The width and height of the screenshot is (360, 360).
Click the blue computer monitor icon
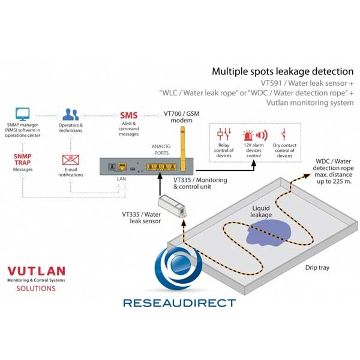tap(23, 113)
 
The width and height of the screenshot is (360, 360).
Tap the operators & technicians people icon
tap(73, 114)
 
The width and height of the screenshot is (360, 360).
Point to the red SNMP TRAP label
tap(23, 159)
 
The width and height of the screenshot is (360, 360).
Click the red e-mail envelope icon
tap(69, 160)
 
